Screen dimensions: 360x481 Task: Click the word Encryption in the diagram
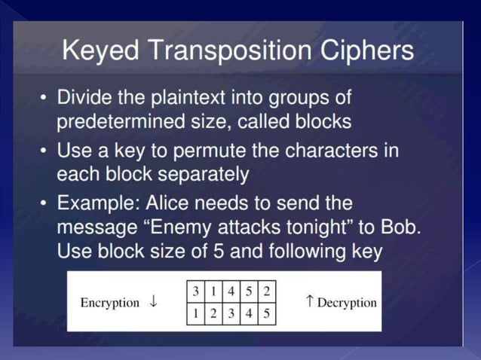point(109,303)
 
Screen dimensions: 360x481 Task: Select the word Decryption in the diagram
point(347,303)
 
